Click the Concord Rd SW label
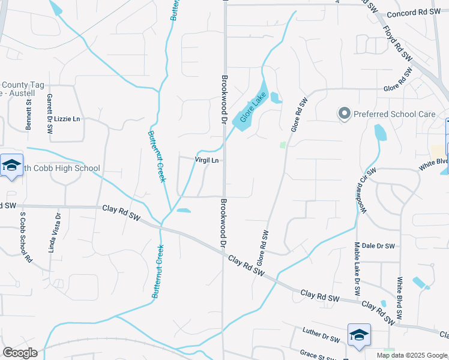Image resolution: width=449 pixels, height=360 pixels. (414, 13)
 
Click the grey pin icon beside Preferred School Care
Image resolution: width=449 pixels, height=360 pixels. (344, 113)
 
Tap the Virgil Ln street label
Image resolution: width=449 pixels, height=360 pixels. (206, 161)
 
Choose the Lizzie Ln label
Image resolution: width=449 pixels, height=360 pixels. (67, 119)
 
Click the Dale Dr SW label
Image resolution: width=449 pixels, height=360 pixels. (378, 246)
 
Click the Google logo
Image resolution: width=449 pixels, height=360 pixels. (20, 353)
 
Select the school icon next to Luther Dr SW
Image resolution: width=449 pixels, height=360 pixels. (359, 335)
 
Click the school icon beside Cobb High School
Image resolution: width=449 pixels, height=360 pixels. (11, 165)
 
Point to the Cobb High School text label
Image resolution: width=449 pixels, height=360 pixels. (62, 169)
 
